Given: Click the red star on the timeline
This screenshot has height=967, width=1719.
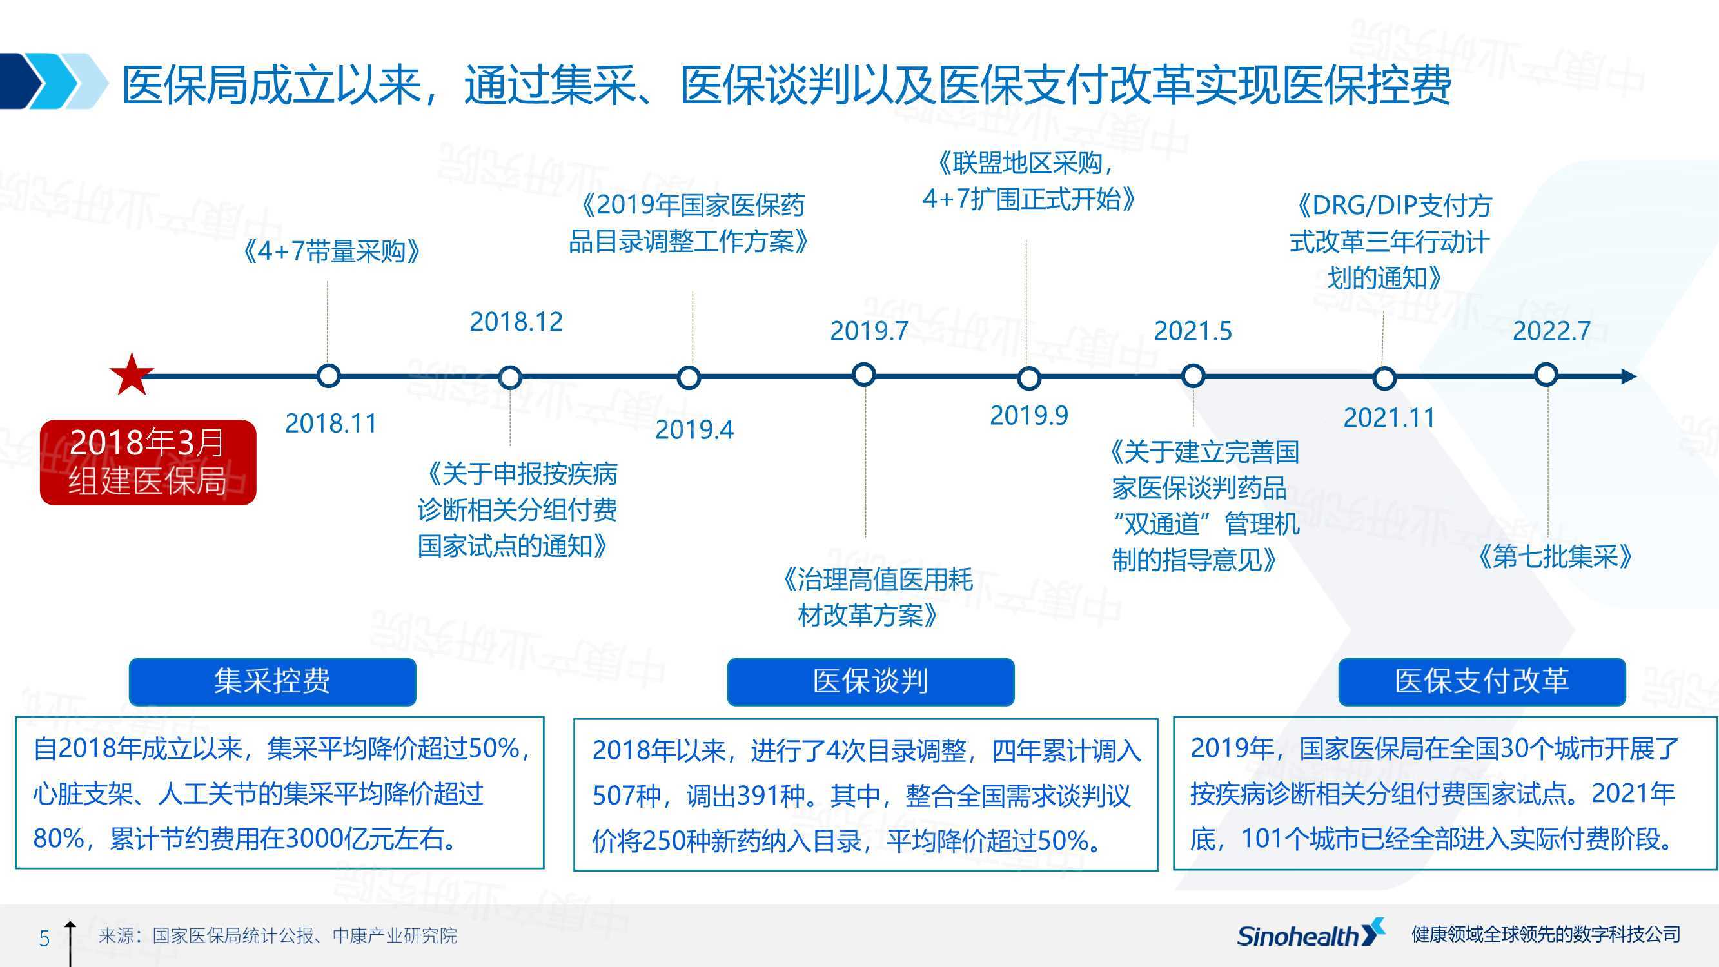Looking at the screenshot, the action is [x=132, y=375].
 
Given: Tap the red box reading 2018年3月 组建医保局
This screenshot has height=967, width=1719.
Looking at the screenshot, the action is [x=148, y=462].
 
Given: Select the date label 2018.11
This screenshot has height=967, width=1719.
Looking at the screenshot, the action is [x=331, y=423].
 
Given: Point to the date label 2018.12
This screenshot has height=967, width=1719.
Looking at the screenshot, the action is [x=516, y=322].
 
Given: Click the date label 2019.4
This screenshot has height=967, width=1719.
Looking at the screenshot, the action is [x=694, y=430].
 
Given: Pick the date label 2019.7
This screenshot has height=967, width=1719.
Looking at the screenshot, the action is [x=869, y=331].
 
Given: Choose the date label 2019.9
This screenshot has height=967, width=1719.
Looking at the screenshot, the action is [x=1029, y=416].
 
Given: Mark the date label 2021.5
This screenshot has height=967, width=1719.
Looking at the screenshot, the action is [x=1193, y=331].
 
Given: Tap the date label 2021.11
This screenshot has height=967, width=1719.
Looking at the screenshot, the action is [x=1390, y=418].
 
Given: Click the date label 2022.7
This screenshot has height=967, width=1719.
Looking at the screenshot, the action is [x=1552, y=331].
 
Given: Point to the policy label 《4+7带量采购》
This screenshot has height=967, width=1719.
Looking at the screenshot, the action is [x=331, y=251].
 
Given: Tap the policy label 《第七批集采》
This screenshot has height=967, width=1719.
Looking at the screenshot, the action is [x=1555, y=556].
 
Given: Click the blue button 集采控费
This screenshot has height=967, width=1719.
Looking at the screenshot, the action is [x=272, y=681].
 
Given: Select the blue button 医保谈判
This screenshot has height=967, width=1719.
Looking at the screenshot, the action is [x=871, y=681].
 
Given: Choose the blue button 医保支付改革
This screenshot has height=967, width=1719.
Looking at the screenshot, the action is [x=1482, y=681].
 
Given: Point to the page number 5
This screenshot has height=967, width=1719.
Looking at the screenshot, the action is [x=44, y=938].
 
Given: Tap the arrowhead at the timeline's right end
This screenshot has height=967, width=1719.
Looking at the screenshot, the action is [x=1629, y=376].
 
